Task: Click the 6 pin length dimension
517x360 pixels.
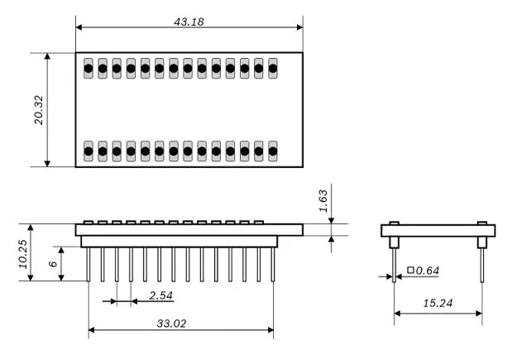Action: pyautogui.click(x=50, y=263)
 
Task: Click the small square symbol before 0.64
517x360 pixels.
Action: pyautogui.click(x=409, y=271)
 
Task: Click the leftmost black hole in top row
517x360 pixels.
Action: pyautogui.click(x=89, y=69)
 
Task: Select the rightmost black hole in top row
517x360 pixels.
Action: pyautogui.click(x=273, y=69)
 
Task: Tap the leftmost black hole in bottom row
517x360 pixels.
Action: pyautogui.click(x=89, y=151)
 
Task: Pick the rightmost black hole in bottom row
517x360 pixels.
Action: pyautogui.click(x=273, y=151)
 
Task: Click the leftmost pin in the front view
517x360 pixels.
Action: pyautogui.click(x=89, y=264)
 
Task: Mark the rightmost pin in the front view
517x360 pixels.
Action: pyautogui.click(x=273, y=264)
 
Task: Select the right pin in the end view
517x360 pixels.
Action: pyautogui.click(x=482, y=264)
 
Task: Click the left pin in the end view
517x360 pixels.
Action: pyautogui.click(x=394, y=264)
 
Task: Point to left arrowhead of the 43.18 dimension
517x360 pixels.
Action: pyautogui.click(x=79, y=27)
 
